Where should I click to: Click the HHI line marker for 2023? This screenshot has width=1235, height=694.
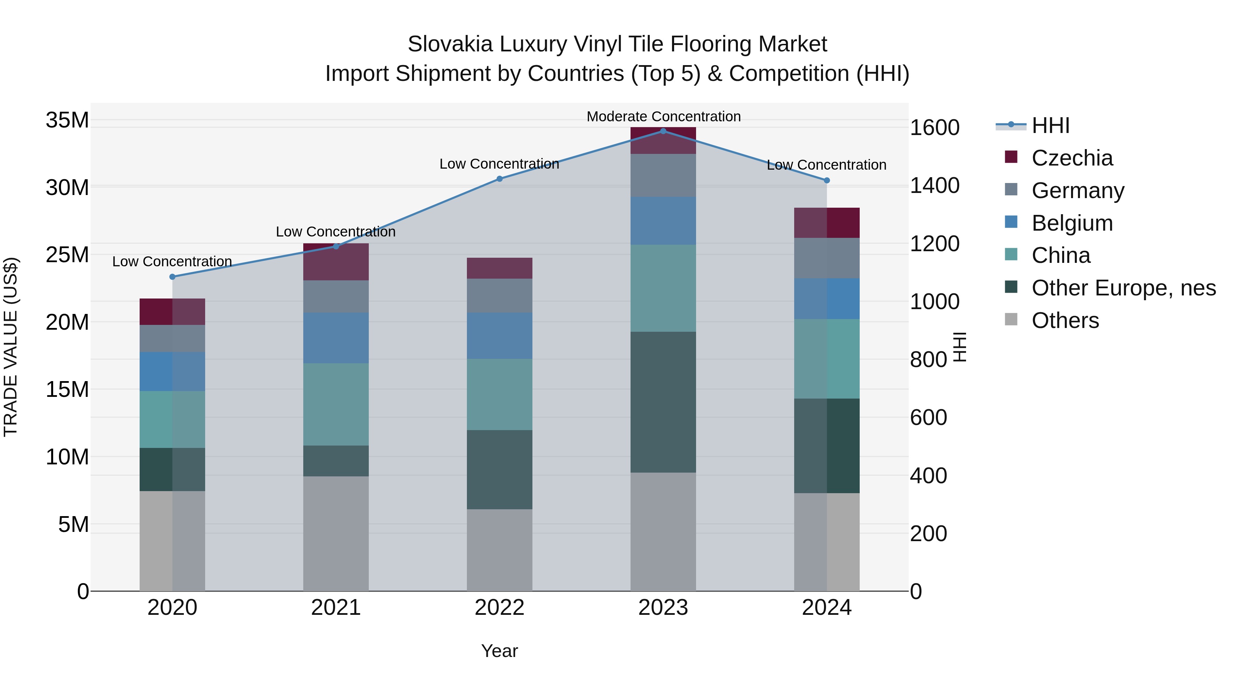663,131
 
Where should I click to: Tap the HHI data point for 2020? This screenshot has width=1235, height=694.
172,277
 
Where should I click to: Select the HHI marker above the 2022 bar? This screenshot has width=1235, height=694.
499,179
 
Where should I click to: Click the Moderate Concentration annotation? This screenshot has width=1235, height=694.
663,117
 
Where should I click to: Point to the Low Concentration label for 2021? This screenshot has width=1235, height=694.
336,232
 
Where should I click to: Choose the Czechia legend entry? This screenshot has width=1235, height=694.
1072,158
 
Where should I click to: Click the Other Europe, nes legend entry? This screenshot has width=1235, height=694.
1123,288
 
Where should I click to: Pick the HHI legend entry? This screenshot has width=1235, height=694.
1050,125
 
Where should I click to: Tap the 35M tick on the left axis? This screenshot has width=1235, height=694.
67,120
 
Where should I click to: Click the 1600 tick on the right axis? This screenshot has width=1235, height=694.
934,128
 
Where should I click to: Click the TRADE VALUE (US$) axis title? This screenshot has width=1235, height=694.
11,347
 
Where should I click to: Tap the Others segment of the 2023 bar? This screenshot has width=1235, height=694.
663,532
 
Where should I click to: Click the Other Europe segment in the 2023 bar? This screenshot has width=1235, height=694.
663,402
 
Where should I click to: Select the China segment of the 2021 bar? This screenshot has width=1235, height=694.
336,404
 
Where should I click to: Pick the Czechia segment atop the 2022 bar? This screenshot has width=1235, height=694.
499,268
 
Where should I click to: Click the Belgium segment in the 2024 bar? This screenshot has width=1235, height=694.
826,299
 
